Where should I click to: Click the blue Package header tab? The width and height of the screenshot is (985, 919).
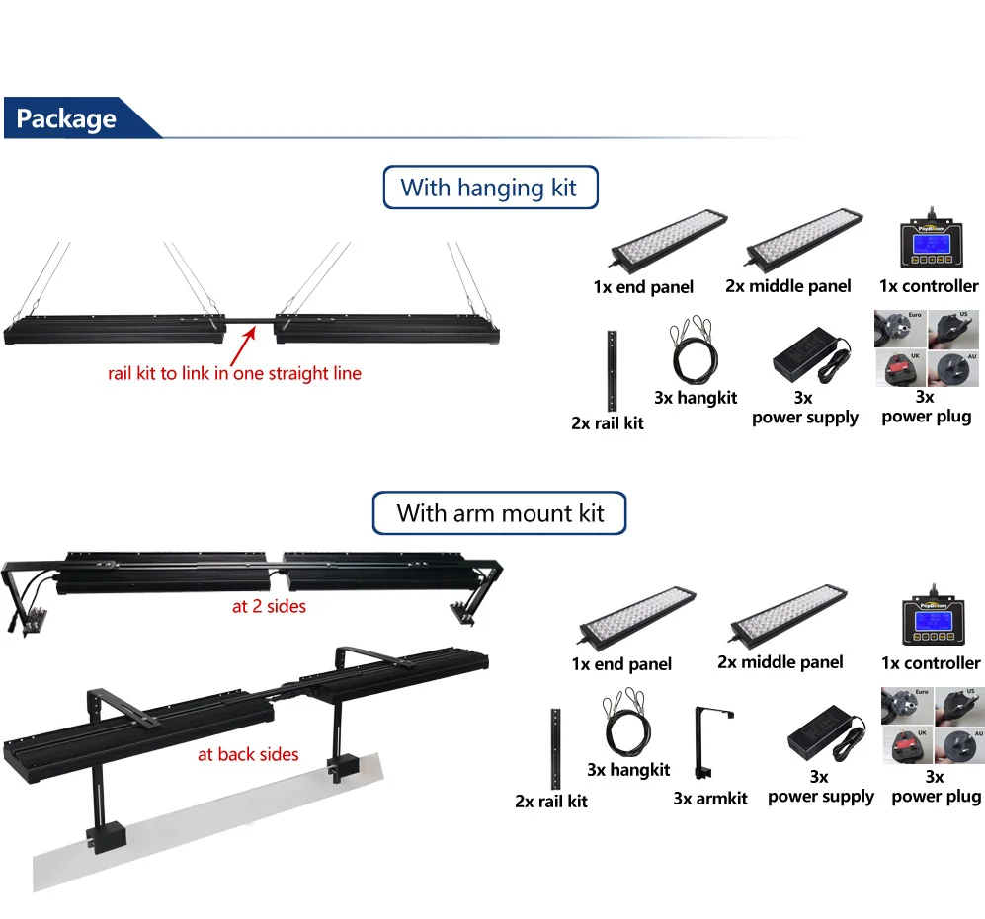click(x=67, y=119)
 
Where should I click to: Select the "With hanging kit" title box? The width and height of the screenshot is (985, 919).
click(x=489, y=188)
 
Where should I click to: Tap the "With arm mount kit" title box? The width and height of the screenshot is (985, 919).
click(x=500, y=513)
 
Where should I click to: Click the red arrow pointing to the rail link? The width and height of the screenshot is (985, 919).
click(x=242, y=345)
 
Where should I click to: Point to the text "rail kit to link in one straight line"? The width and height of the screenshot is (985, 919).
click(x=234, y=374)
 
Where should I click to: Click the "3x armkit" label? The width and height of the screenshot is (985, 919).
click(x=709, y=799)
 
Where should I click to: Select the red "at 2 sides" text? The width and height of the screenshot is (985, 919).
click(x=269, y=606)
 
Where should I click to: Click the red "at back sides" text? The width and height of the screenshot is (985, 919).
click(x=248, y=755)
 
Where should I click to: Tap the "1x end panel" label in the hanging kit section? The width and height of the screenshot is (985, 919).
click(x=643, y=287)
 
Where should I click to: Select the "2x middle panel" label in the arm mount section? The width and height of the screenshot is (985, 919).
click(x=780, y=661)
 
